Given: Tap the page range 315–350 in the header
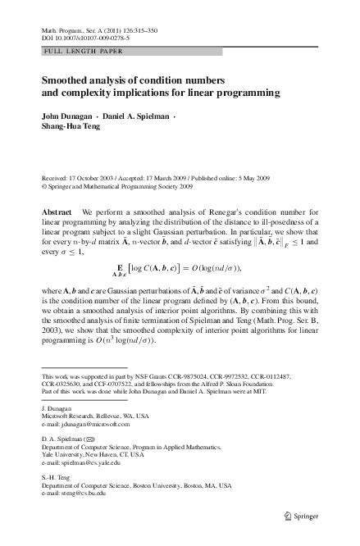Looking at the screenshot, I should pos(135,30).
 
